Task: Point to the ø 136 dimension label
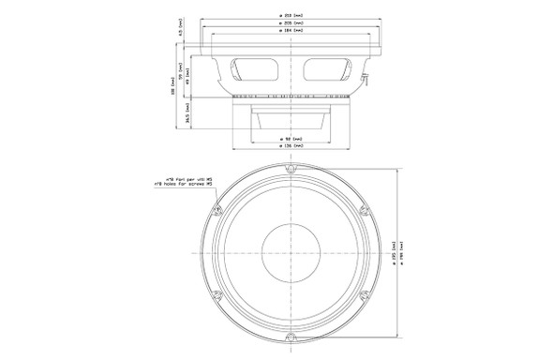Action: pyautogui.click(x=291, y=147)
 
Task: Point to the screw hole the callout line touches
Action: pyautogui.click(x=217, y=210)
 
